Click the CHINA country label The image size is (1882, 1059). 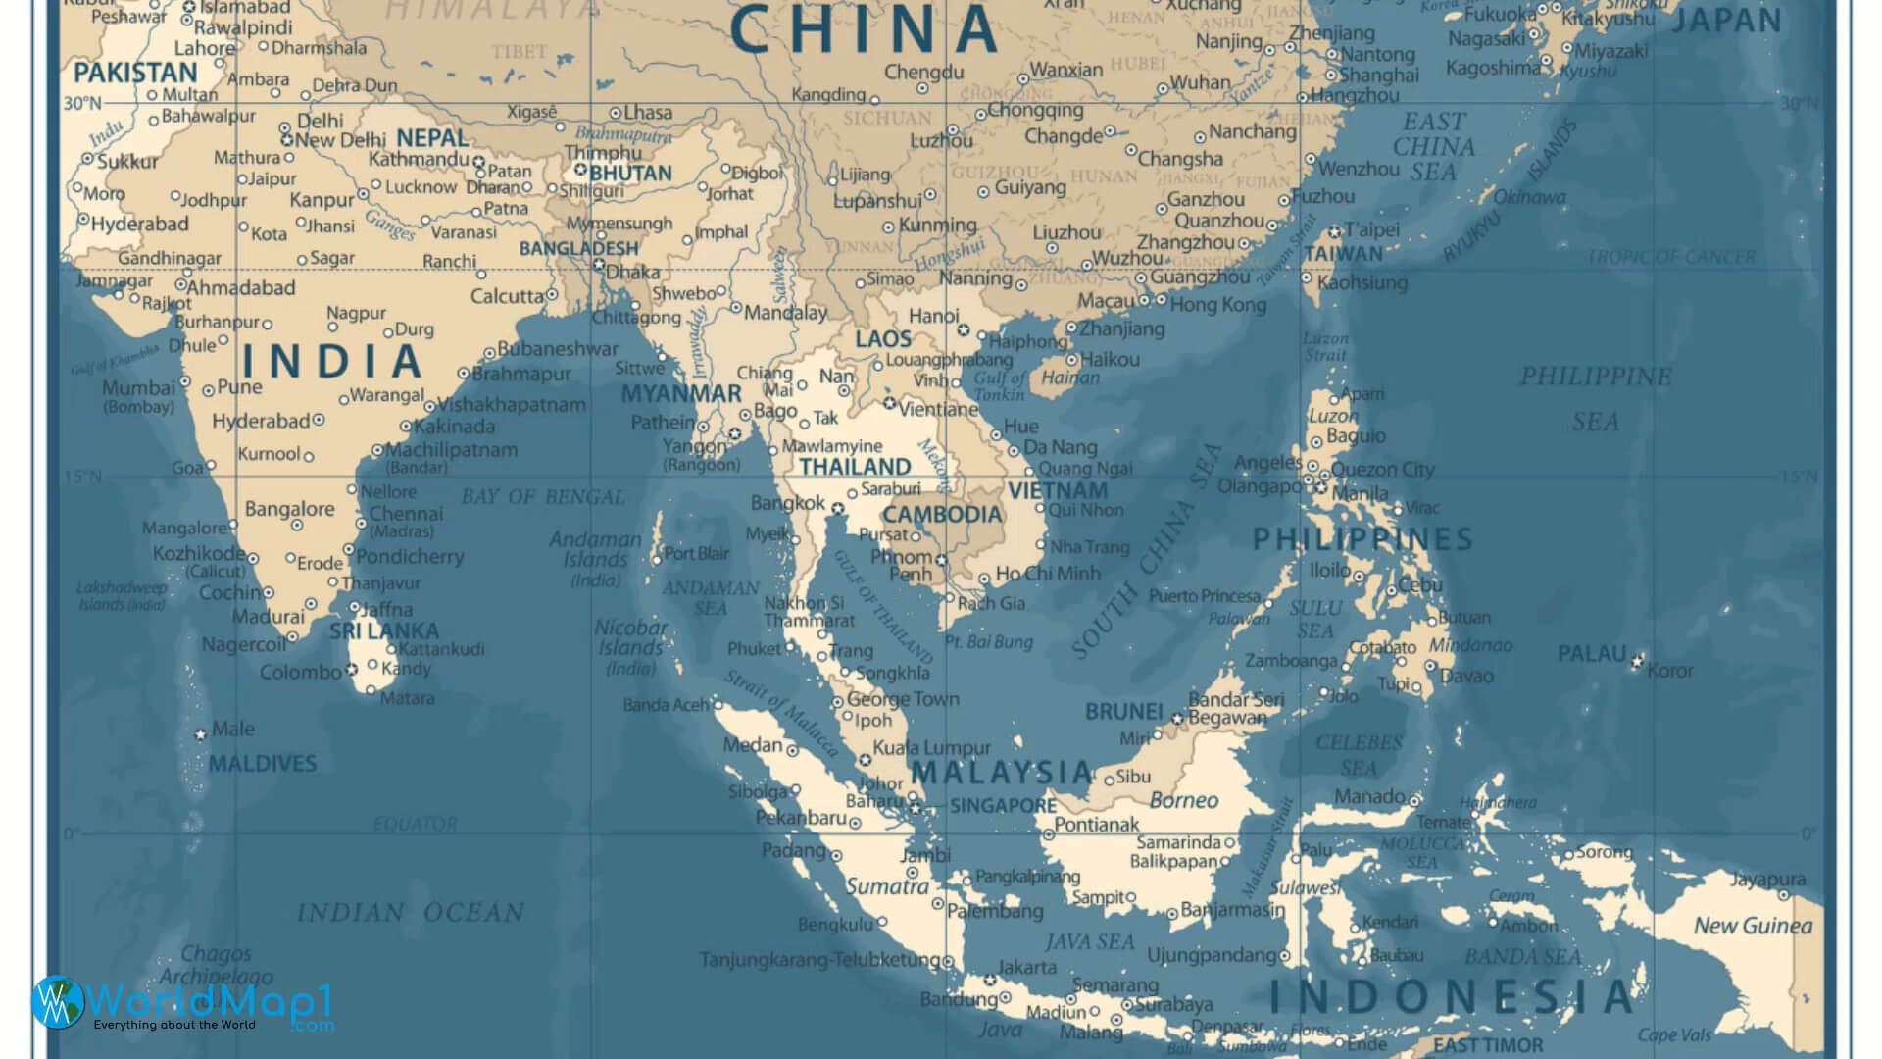[x=865, y=29]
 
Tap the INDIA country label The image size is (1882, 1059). [x=332, y=361]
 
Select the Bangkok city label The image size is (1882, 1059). [x=788, y=503]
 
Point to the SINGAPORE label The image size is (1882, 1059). [x=1003, y=805]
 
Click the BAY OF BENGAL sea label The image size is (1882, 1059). [x=543, y=497]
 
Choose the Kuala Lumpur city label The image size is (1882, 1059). [x=932, y=748]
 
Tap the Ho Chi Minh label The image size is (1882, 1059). [x=1048, y=574]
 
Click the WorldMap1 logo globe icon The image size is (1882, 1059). [x=57, y=1002]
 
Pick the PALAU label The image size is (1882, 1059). [x=1592, y=653]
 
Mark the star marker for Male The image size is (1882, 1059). [x=201, y=734]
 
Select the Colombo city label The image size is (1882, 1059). [x=300, y=673]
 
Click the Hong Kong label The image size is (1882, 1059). [x=1218, y=304]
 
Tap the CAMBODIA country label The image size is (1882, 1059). [x=943, y=514]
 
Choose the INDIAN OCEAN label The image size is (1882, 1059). [x=411, y=913]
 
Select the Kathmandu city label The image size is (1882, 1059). [x=419, y=159]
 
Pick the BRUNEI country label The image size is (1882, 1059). [x=1123, y=712]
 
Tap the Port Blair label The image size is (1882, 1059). [x=697, y=554]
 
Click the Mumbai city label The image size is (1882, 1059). [x=138, y=387]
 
